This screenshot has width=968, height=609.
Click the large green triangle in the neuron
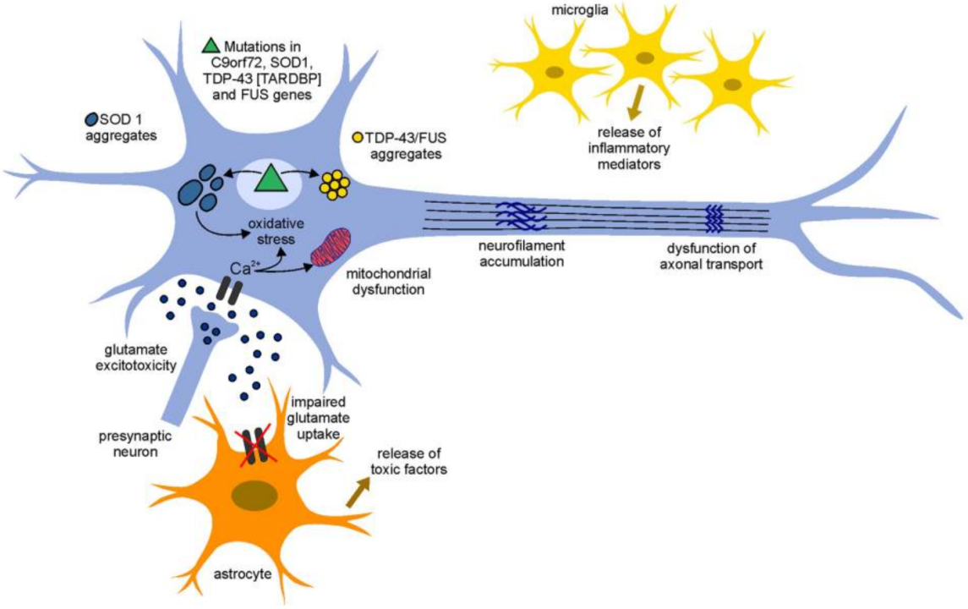(x=271, y=178)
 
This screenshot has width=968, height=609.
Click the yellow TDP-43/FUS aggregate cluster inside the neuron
(x=334, y=183)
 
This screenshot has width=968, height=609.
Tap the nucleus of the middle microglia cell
(x=643, y=58)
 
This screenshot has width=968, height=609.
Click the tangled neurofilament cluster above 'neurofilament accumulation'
(x=521, y=217)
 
